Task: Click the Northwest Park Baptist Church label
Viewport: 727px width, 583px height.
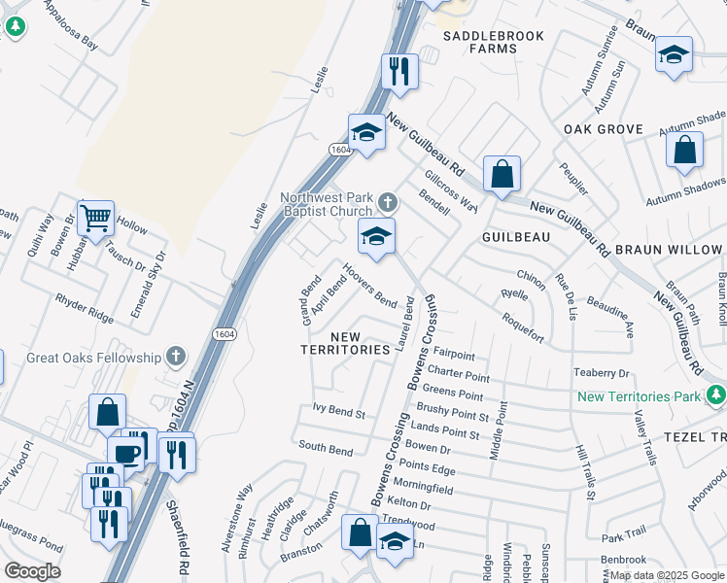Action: pos(327,204)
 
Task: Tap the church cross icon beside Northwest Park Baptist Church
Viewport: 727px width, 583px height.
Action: pos(388,203)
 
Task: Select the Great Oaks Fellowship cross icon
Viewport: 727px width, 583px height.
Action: pos(176,357)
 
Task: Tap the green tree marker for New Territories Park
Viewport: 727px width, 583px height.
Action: pos(716,394)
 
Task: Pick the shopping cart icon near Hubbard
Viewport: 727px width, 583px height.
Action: pos(95,218)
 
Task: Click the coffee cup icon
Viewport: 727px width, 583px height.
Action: pos(125,454)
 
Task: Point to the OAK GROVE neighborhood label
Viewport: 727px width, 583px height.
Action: pos(603,129)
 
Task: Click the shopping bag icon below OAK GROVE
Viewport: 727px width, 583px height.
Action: pos(684,150)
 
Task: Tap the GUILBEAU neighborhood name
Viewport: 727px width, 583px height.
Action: pos(517,236)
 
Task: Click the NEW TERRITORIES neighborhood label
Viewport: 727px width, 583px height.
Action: pos(345,343)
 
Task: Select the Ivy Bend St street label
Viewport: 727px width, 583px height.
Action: pos(338,413)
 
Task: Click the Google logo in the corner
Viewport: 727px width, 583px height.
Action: pos(32,571)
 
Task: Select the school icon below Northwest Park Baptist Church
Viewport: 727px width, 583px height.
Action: pos(375,235)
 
